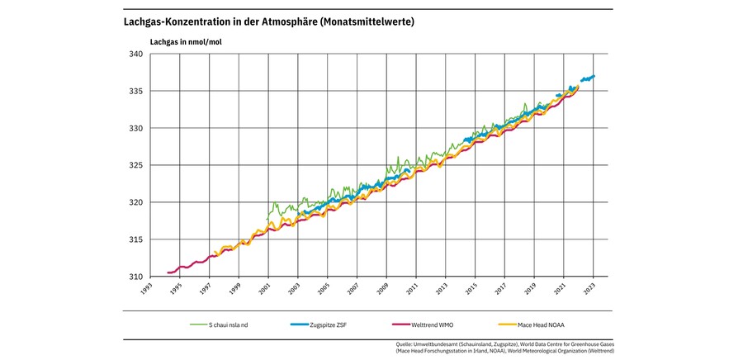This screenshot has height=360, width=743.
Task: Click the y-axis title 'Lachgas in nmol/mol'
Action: coord(186,40)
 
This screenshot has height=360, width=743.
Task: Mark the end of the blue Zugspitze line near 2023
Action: coord(595,76)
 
